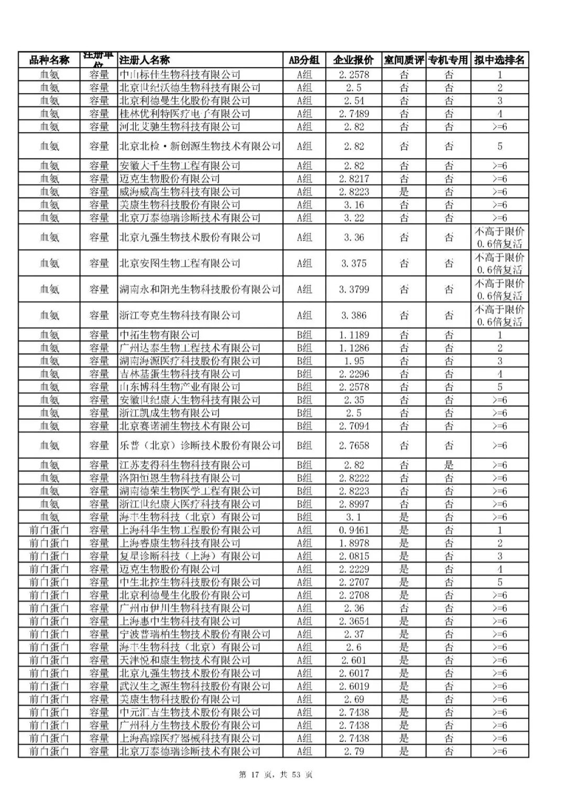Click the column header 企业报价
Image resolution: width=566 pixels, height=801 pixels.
click(x=354, y=60)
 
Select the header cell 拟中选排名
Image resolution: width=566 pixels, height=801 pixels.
click(x=499, y=60)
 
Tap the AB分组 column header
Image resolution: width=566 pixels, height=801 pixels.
click(x=304, y=60)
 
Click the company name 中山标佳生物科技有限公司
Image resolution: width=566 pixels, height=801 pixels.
click(x=180, y=74)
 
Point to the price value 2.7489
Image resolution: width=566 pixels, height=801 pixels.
click(x=354, y=114)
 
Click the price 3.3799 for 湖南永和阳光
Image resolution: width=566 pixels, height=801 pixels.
click(x=354, y=289)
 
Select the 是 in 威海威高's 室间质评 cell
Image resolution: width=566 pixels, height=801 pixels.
click(x=404, y=192)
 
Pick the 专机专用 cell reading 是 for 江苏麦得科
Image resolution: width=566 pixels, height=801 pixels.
click(x=449, y=465)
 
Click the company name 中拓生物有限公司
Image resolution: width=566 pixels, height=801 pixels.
click(x=160, y=335)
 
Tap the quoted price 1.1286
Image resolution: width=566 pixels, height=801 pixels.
click(x=354, y=348)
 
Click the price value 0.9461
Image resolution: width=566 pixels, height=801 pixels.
click(x=354, y=530)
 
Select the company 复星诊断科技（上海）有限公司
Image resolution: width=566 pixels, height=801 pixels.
click(x=190, y=556)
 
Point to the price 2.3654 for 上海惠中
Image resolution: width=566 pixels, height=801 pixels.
click(x=354, y=621)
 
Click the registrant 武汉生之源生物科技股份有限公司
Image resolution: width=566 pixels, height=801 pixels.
click(x=195, y=686)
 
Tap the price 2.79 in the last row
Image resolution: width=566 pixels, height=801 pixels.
click(x=354, y=751)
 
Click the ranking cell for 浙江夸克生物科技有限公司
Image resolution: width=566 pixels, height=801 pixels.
click(x=499, y=316)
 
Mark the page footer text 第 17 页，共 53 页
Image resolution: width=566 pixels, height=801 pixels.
click(x=276, y=775)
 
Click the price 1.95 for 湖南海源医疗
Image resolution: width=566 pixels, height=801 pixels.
click(x=354, y=361)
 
